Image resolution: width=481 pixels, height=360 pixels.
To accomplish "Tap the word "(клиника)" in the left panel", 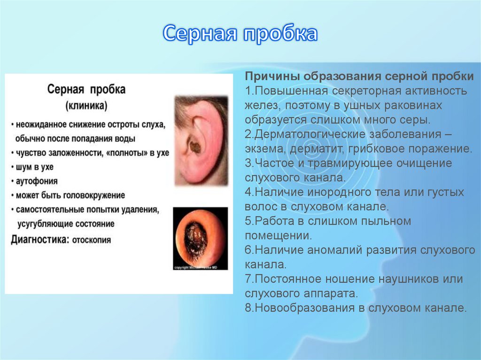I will coord(86,106).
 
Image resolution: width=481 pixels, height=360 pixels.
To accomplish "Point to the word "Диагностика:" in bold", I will coord(40,239).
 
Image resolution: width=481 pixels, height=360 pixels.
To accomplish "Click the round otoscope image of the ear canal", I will coord(200,237).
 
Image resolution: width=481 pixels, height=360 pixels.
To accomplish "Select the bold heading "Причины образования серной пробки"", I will coord(359,76).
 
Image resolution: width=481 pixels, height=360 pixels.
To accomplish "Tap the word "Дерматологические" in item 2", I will coord(306,134).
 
